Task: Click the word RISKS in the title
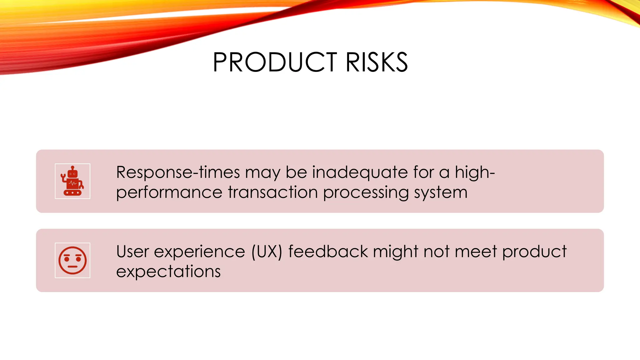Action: click(x=377, y=62)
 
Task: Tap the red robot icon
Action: click(x=72, y=181)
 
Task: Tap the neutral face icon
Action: click(x=72, y=260)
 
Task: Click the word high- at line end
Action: click(x=475, y=172)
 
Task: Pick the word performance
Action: click(x=169, y=192)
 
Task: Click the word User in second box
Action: click(x=132, y=252)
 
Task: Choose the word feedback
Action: click(x=328, y=252)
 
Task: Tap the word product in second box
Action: click(x=534, y=252)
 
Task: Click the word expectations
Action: click(x=168, y=272)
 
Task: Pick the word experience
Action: click(x=199, y=252)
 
